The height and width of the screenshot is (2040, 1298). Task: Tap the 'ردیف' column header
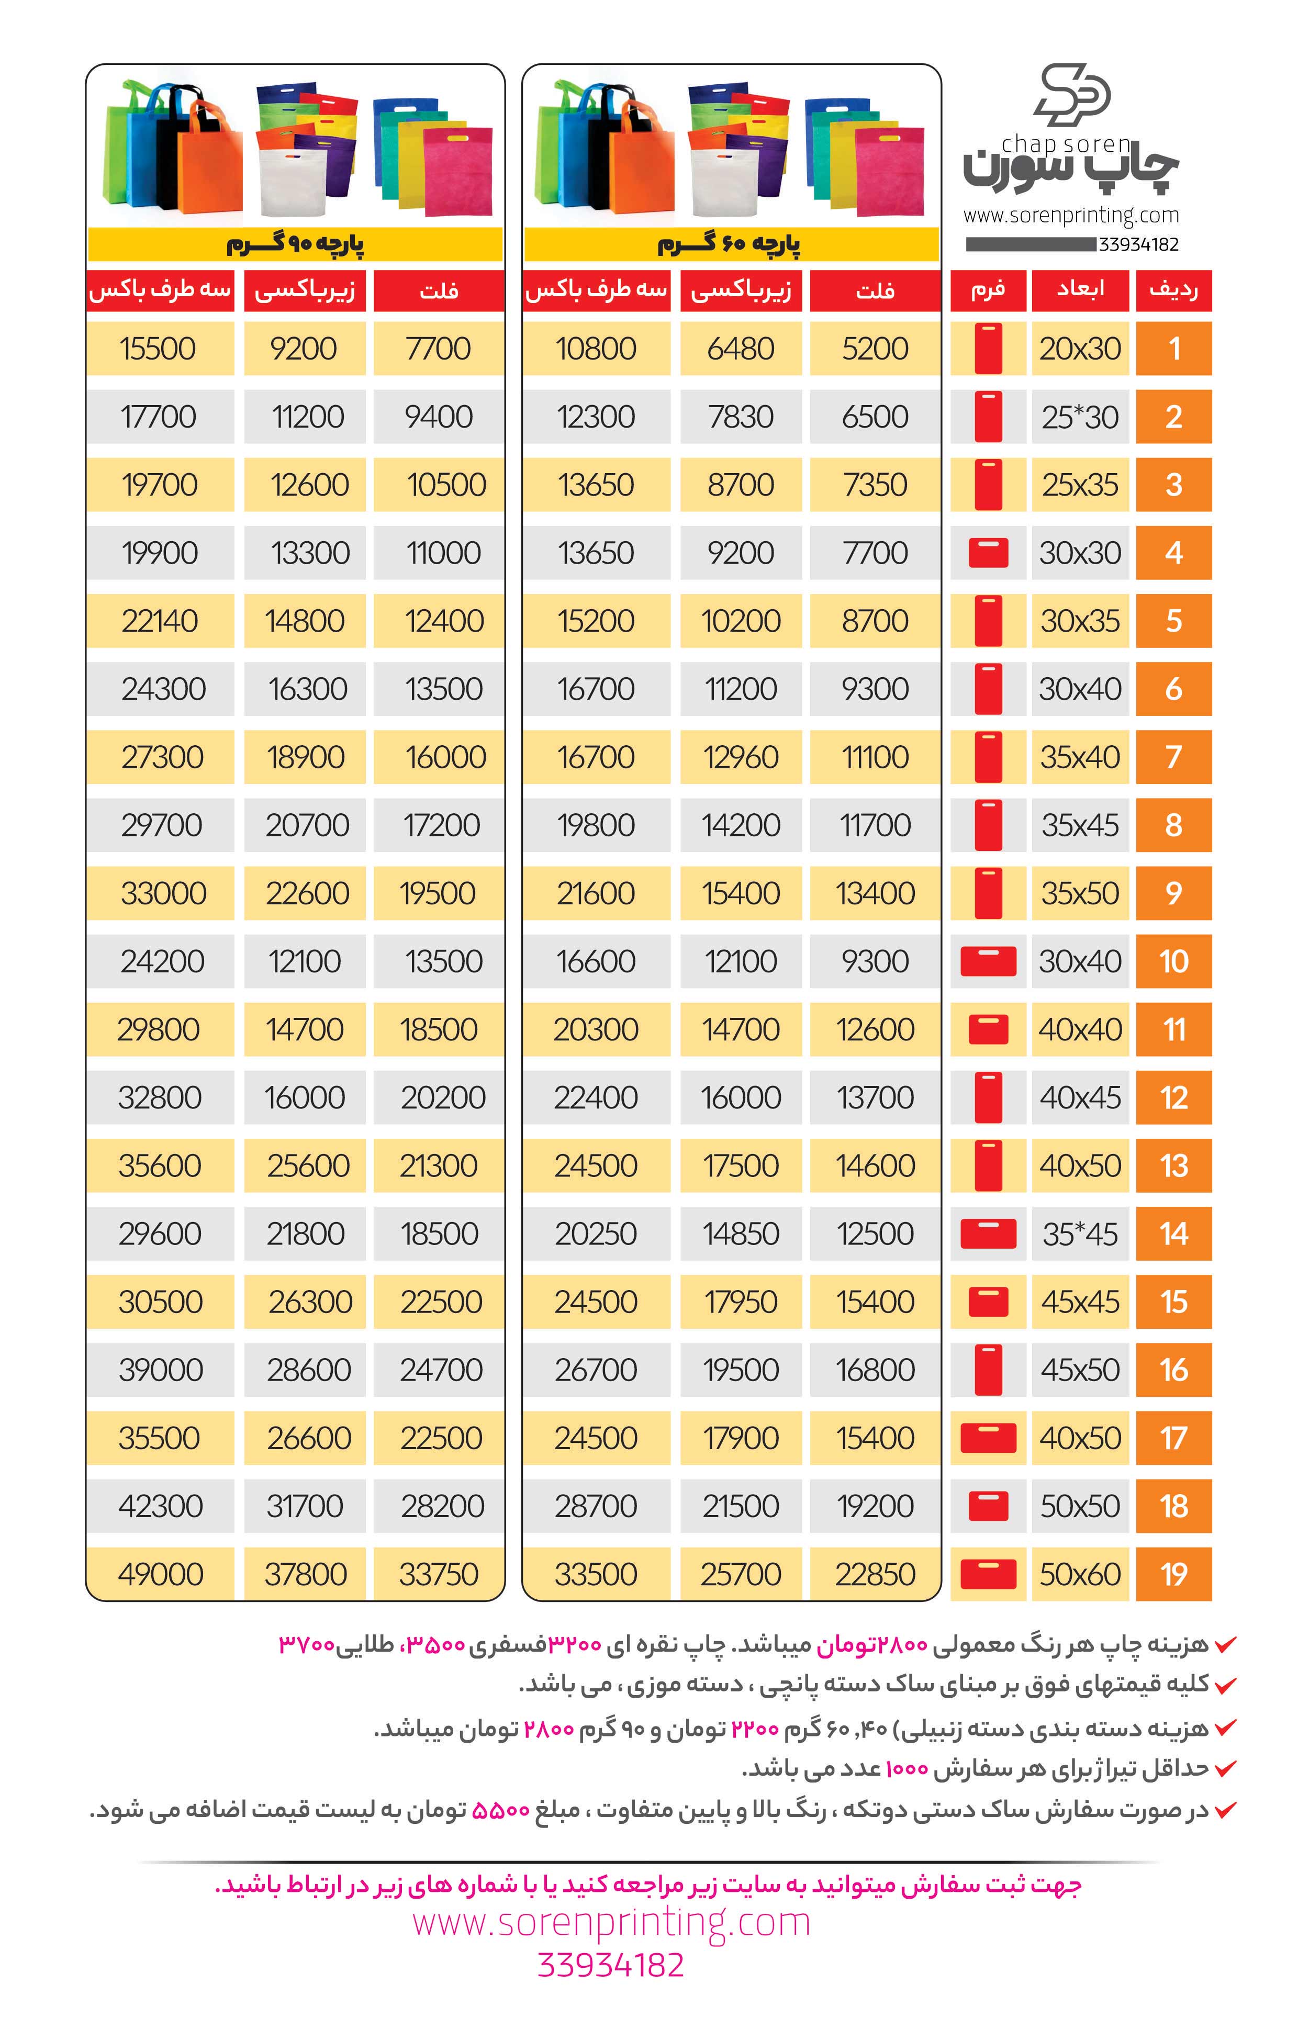point(1173,290)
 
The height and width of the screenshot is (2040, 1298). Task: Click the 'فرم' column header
point(988,290)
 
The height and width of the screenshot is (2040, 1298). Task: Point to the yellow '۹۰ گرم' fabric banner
point(295,245)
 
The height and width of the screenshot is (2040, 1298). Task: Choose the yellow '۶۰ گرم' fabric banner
point(730,245)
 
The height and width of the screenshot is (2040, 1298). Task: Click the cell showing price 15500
point(159,348)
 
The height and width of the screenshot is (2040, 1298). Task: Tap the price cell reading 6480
point(741,348)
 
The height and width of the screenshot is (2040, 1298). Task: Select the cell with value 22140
point(159,621)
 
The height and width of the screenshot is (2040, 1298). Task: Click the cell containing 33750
point(439,1574)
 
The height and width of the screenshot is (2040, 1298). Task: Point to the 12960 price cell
point(741,757)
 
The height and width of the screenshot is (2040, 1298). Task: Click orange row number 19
point(1173,1574)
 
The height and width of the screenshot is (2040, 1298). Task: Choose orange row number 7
point(1173,757)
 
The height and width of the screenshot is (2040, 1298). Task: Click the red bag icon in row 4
point(988,552)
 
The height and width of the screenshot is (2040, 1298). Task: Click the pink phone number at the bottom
point(610,1965)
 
